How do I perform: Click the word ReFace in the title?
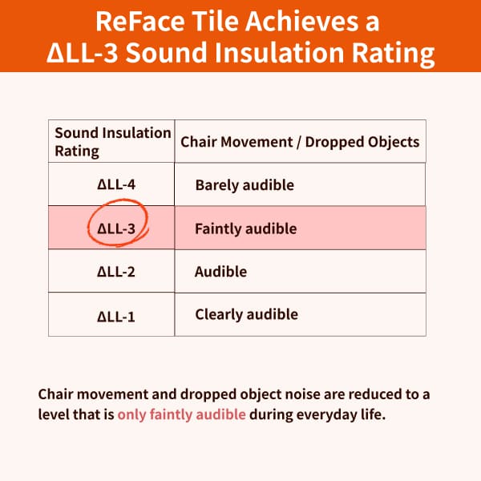(140, 22)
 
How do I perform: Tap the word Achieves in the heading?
(301, 22)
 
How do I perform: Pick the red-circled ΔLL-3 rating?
(116, 228)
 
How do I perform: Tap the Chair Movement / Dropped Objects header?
(300, 142)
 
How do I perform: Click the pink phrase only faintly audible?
(182, 414)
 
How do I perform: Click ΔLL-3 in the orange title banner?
(83, 53)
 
